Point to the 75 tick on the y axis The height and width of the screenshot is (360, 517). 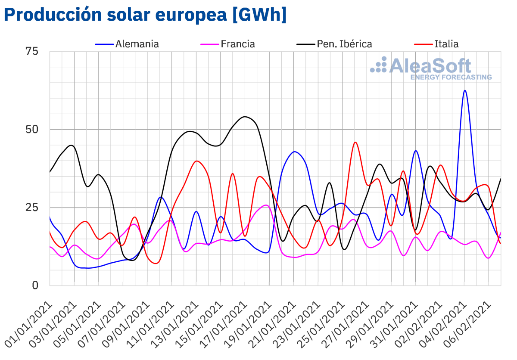pyautogui.click(x=32, y=51)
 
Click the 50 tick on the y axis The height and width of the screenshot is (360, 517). pyautogui.click(x=32, y=129)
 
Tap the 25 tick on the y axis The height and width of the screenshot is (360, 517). pyautogui.click(x=32, y=208)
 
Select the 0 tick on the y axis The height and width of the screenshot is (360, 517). pyautogui.click(x=36, y=286)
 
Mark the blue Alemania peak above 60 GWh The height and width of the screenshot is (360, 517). pyautogui.click(x=465, y=91)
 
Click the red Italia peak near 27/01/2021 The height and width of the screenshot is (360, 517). pyautogui.click(x=355, y=142)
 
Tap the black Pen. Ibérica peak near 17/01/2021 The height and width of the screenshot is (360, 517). pyautogui.click(x=245, y=117)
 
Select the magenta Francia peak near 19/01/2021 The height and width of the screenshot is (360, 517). pyautogui.click(x=266, y=205)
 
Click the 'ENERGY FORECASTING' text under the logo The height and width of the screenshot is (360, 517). pyautogui.click(x=451, y=78)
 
